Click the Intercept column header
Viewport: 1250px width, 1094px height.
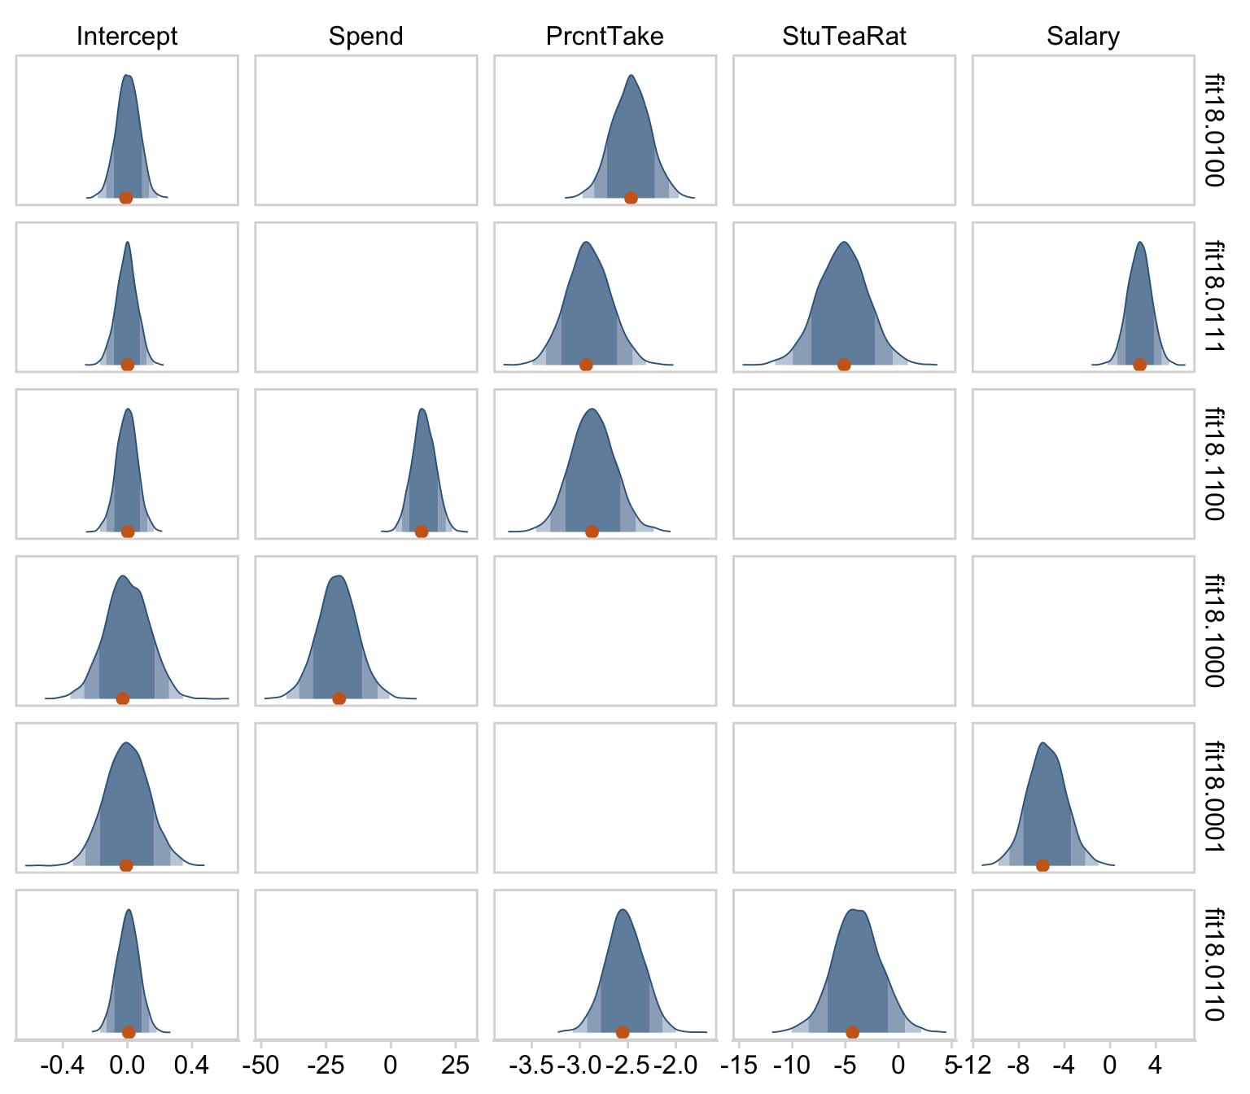[126, 37]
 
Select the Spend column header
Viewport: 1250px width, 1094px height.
[365, 37]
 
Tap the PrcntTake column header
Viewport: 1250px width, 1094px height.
[605, 37]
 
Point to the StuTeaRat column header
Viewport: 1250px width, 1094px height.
[844, 37]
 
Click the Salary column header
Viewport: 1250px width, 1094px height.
[1083, 37]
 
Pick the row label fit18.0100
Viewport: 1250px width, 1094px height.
[1214, 130]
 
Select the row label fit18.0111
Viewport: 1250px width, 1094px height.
[1214, 297]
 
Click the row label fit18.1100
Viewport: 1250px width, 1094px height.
[1214, 464]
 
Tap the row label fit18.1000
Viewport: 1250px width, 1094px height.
[1214, 631]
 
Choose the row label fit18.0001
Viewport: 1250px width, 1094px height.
[1214, 798]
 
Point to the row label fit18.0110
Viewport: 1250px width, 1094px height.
[1214, 965]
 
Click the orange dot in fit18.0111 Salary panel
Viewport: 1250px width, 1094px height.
[1139, 365]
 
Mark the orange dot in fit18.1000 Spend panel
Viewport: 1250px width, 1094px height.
[339, 698]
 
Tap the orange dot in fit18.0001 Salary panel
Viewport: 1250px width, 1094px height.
[1042, 865]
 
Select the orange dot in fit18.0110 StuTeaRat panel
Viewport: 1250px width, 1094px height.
[852, 1032]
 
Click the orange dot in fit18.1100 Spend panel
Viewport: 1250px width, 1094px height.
[421, 532]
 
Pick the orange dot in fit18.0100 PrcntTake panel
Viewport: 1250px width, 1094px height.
[631, 198]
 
